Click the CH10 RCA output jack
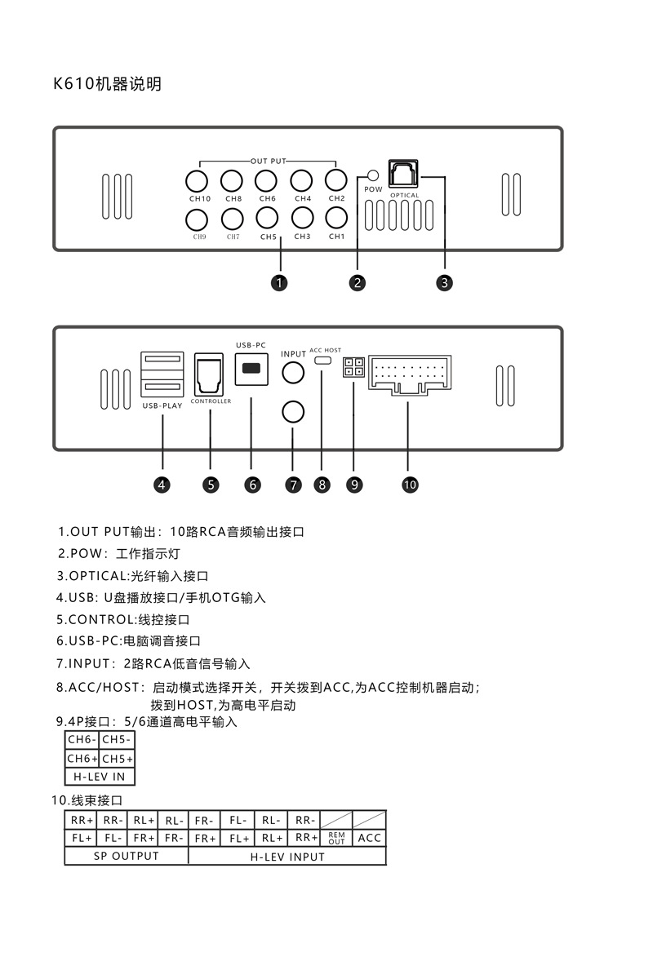tap(196, 181)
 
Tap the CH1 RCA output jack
tap(336, 219)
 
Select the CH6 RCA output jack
tap(266, 181)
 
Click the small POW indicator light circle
tap(373, 176)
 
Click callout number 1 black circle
tap(279, 283)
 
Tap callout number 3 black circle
tap(444, 283)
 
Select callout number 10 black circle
tap(410, 485)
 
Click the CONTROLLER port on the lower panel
tap(211, 374)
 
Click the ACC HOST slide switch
tap(323, 360)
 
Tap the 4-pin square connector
tap(353, 367)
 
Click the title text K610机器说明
tap(107, 83)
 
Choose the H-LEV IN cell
tap(100, 777)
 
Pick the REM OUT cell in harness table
tap(337, 838)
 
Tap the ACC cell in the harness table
tap(370, 838)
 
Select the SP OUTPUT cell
tap(126, 856)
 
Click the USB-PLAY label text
tap(162, 405)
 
